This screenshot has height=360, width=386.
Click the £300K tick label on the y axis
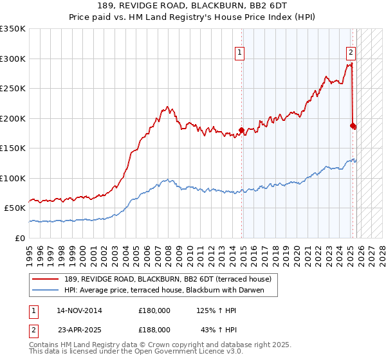pos(13,59)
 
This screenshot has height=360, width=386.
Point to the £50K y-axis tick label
pos(15,208)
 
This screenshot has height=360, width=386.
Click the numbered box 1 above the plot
pos(239,53)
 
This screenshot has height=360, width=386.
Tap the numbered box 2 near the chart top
pos(351,53)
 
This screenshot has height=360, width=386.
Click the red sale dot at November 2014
pos(242,130)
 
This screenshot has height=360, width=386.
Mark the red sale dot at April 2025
pos(353,125)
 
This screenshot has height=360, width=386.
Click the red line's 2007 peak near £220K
pos(167,107)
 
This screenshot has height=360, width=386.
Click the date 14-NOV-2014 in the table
pos(79,310)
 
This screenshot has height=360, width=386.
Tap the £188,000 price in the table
pos(154,328)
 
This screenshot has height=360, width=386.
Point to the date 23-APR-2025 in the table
pos(79,328)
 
